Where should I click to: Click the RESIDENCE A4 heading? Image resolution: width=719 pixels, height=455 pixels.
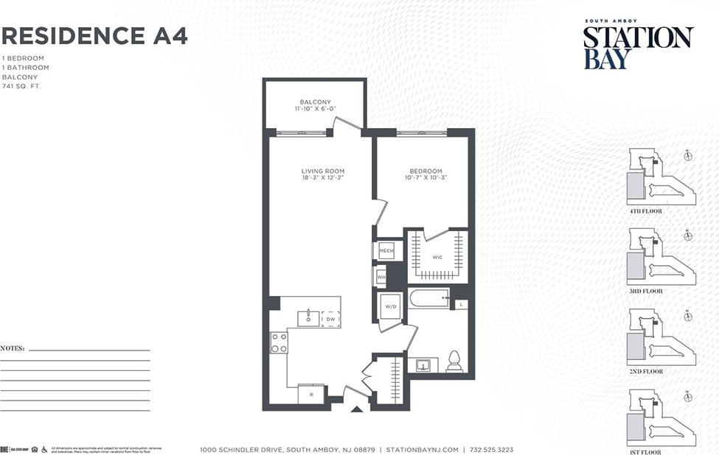click(x=94, y=35)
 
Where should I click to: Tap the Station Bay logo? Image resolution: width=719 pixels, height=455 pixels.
click(x=638, y=46)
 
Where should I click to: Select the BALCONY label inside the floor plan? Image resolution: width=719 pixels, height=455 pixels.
click(x=315, y=102)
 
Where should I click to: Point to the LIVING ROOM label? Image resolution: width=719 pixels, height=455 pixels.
click(x=322, y=171)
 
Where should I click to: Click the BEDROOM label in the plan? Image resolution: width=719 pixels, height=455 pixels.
click(x=426, y=171)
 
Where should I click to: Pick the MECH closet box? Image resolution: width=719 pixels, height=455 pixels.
click(x=386, y=251)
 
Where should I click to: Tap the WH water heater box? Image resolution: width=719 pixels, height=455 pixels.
click(x=381, y=278)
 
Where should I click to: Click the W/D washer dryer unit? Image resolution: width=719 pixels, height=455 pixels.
click(x=390, y=306)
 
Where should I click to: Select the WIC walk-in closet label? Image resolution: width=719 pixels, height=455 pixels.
click(x=437, y=258)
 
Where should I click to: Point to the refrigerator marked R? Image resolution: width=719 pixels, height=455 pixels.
click(x=311, y=395)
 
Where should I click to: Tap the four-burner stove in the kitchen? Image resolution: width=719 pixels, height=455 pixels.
click(x=279, y=342)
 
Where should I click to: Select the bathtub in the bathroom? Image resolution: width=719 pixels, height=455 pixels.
click(x=428, y=298)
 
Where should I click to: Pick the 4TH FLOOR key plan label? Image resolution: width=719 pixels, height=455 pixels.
click(x=645, y=211)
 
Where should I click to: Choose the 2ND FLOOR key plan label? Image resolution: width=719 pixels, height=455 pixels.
click(x=645, y=372)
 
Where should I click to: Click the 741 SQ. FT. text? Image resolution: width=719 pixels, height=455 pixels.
click(x=22, y=86)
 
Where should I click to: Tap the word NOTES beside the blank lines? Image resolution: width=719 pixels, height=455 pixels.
click(x=13, y=348)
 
